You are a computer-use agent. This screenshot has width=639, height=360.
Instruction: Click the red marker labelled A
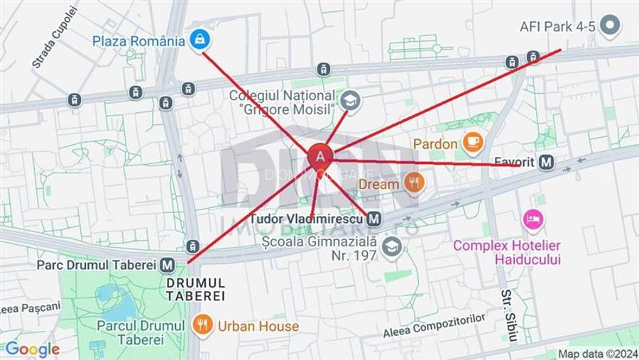[x=320, y=156]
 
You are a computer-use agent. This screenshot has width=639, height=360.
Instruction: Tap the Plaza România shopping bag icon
[x=200, y=40]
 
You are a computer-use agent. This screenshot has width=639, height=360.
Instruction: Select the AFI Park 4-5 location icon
[x=610, y=26]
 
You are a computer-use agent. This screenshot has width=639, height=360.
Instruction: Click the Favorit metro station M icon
[x=546, y=162]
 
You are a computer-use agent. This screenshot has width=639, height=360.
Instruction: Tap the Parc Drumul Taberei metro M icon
[x=168, y=265]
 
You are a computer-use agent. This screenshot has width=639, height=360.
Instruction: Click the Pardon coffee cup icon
[x=472, y=143]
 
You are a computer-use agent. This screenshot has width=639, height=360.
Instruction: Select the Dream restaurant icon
[x=413, y=183]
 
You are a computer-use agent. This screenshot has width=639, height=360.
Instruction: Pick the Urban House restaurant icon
[x=202, y=325]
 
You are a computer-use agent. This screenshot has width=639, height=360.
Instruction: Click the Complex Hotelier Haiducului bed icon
[x=532, y=219]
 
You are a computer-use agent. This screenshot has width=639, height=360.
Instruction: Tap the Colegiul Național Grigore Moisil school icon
[x=349, y=101]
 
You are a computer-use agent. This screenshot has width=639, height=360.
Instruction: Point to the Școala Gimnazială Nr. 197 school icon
[x=391, y=247]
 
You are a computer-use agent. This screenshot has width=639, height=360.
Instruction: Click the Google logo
[x=32, y=349]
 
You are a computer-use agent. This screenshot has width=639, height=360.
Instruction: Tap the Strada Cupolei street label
[x=54, y=37]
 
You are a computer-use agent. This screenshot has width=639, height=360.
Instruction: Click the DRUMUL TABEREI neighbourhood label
[x=195, y=289]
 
